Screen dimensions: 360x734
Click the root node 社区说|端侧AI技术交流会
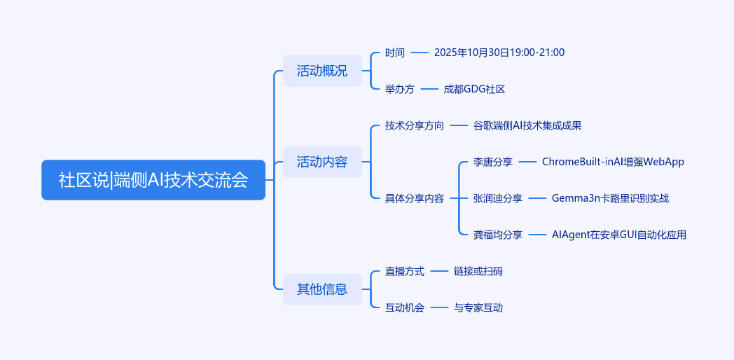click(153, 180)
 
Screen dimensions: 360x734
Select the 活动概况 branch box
click(322, 71)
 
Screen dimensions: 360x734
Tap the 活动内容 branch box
click(322, 162)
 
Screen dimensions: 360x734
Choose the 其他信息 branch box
click(322, 289)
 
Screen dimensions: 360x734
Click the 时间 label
click(395, 53)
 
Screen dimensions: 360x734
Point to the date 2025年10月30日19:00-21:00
click(499, 53)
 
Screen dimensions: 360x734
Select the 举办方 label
click(400, 89)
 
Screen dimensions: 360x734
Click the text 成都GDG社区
click(474, 89)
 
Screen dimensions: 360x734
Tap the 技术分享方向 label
click(415, 125)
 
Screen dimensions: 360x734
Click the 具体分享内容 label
click(415, 198)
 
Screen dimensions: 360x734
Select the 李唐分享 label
click(493, 162)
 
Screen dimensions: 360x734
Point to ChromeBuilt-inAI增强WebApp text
click(613, 162)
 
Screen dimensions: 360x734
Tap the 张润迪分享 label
click(498, 198)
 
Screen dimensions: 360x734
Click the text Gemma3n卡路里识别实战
click(610, 198)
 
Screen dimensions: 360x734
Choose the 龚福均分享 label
click(498, 235)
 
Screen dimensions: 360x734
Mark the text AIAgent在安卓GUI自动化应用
click(619, 235)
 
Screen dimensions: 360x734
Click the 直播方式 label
click(405, 271)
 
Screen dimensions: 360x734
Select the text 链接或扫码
click(478, 271)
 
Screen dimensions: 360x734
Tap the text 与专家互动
click(478, 307)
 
